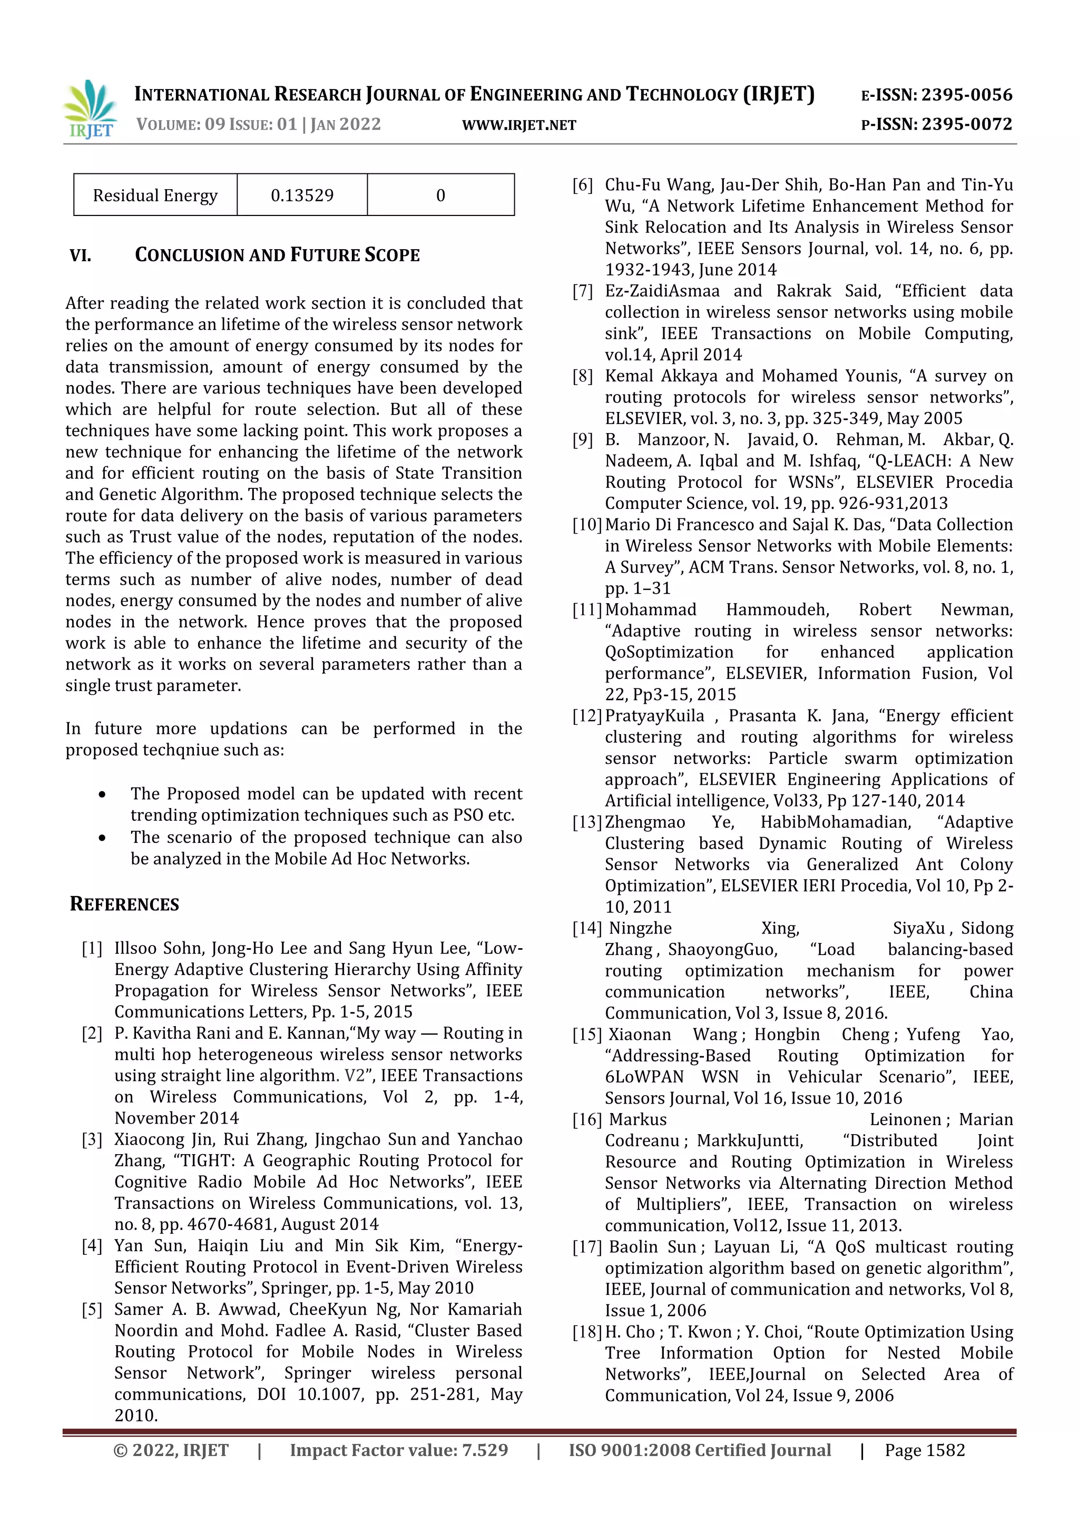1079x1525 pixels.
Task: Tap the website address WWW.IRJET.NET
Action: coord(519,125)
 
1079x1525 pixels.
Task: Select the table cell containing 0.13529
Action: coord(302,195)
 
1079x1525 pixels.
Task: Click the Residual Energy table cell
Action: coord(155,195)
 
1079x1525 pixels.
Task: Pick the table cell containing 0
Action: coord(440,195)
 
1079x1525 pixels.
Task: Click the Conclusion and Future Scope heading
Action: coord(277,255)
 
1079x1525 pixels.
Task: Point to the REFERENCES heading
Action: coord(124,904)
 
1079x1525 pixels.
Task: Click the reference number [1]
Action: coord(92,949)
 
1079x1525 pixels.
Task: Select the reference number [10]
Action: coord(587,525)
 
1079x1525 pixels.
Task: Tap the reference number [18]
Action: coord(587,1332)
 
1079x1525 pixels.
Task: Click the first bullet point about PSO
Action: coord(326,804)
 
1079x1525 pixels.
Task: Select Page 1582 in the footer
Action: coord(924,1451)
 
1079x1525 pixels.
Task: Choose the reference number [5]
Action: coord(92,1310)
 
